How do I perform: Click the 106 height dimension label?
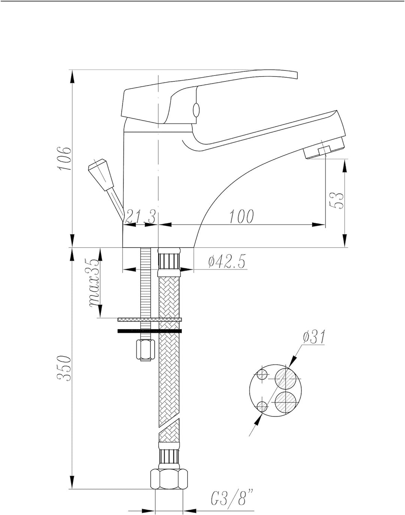pyautogui.click(x=64, y=158)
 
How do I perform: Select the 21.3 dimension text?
pyautogui.click(x=141, y=216)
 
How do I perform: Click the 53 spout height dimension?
pyautogui.click(x=336, y=200)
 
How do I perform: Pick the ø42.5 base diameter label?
pyautogui.click(x=227, y=262)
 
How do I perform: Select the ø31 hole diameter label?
pyautogui.click(x=314, y=338)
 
